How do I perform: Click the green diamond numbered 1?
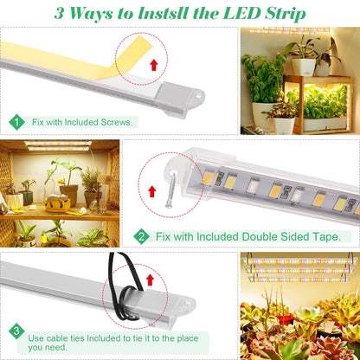pos(16,122)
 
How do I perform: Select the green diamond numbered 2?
pos(141,236)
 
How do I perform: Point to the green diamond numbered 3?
pos(16,331)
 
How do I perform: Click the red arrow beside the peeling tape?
pos(154,65)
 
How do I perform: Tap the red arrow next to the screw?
pos(152,191)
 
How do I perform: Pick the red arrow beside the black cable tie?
pos(150,280)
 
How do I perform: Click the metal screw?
pos(170,189)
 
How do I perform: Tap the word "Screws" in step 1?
pos(116,122)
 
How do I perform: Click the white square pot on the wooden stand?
pos(304,67)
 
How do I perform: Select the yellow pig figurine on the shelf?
pos(58,202)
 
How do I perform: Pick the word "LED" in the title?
pos(243,13)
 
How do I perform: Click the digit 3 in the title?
pos(59,13)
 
